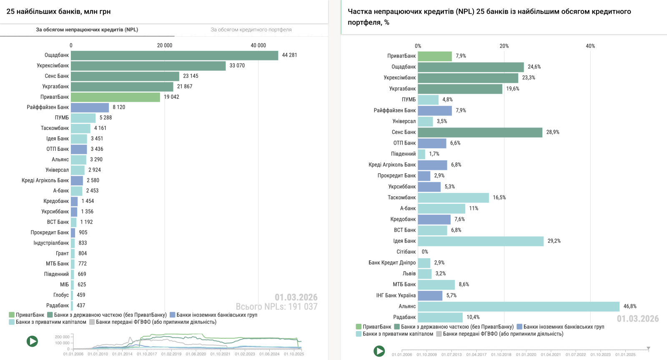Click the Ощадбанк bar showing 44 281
(x=174, y=55)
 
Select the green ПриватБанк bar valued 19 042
(x=115, y=97)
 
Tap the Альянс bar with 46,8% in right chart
(x=519, y=307)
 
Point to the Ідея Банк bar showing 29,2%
(x=481, y=241)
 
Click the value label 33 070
(x=237, y=66)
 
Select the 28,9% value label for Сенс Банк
(x=553, y=132)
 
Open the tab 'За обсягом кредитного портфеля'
(x=251, y=30)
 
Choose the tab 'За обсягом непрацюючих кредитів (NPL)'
(x=87, y=30)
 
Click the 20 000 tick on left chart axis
(x=165, y=45)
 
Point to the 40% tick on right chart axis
(x=590, y=46)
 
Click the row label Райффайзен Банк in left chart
(x=48, y=107)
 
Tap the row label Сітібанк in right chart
(x=406, y=252)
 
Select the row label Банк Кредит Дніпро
(x=392, y=263)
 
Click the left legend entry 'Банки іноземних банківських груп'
(x=216, y=315)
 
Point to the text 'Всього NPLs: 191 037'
(x=276, y=307)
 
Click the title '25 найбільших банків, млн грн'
(x=58, y=12)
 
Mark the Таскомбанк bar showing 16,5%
(x=453, y=197)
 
